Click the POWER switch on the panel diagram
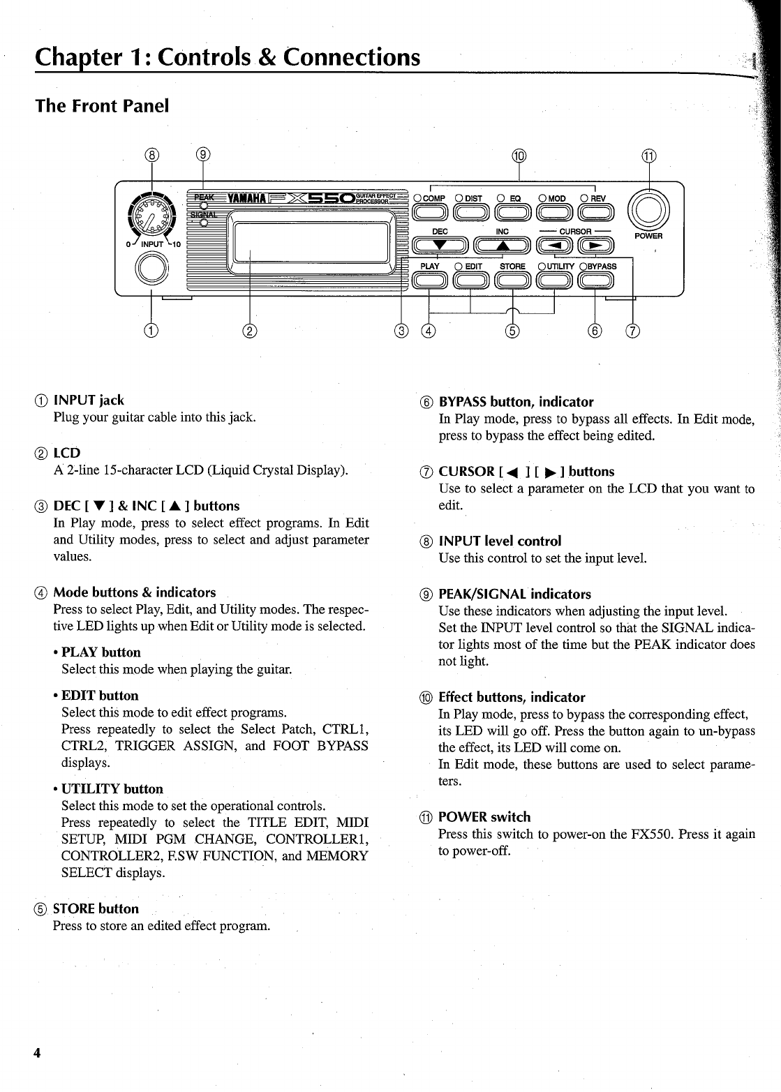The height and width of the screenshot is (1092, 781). pyautogui.click(x=649, y=209)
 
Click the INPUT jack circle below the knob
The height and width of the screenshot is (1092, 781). pyautogui.click(x=151, y=268)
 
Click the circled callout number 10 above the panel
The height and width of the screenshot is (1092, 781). pyautogui.click(x=521, y=156)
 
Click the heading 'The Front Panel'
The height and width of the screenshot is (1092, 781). pyautogui.click(x=103, y=106)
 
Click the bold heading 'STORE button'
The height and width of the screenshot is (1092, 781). pyautogui.click(x=96, y=908)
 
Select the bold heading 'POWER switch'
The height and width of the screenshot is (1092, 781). pyautogui.click(x=484, y=816)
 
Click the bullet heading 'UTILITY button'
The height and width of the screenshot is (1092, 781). pyautogui.click(x=112, y=788)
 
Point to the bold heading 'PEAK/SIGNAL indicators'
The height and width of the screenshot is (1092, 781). pyautogui.click(x=514, y=594)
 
